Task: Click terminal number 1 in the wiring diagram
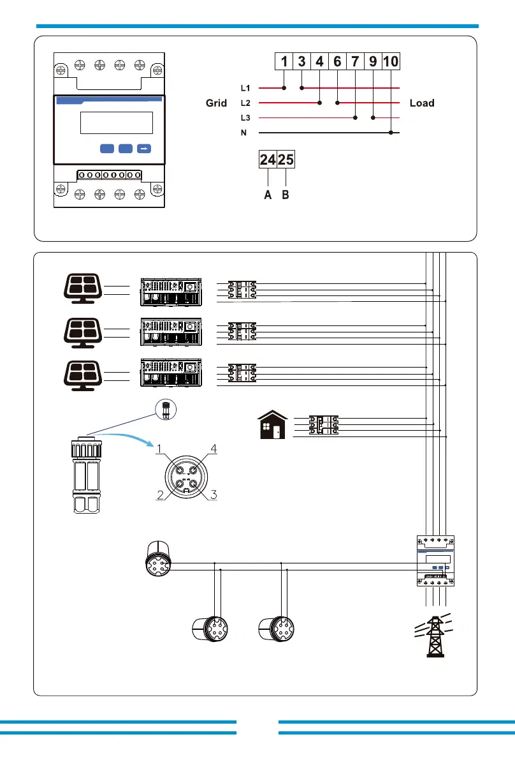pos(284,61)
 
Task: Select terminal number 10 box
pos(391,61)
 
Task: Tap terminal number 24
pos(268,160)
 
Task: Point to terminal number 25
pos(286,160)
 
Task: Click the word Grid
pos(216,103)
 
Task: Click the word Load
pos(422,103)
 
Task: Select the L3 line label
pos(245,118)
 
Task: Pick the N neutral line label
pos(243,133)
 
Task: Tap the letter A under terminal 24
pos(268,196)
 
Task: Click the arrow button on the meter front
pos(144,148)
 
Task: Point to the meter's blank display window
pos(117,123)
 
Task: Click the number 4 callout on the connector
pos(214,449)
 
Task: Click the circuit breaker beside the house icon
pos(323,424)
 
